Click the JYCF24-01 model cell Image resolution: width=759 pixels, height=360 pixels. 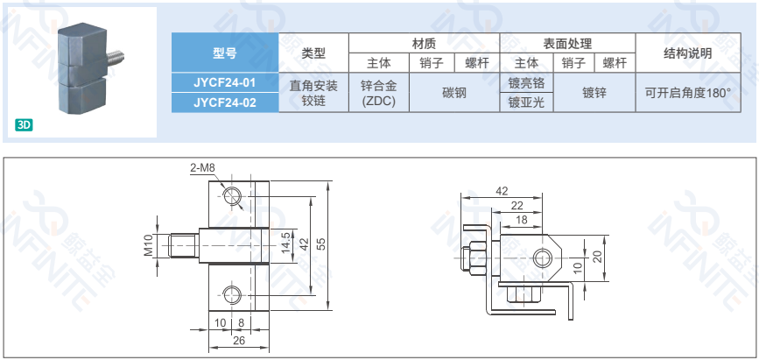point(225,82)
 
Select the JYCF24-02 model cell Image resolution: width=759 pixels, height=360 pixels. point(225,102)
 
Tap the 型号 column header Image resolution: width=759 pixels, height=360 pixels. point(225,53)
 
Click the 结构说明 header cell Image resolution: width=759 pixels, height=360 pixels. point(688,53)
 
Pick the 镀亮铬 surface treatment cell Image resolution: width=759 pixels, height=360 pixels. point(526,83)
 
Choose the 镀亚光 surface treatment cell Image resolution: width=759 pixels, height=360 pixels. point(526,102)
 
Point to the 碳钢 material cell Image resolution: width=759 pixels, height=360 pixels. point(454,93)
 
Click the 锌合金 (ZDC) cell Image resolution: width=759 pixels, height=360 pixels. point(379,93)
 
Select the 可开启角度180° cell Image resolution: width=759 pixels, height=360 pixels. point(688,93)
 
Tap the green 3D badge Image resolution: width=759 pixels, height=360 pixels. point(24,125)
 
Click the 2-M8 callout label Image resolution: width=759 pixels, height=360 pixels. point(202,167)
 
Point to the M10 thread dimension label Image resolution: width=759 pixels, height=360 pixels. point(148,244)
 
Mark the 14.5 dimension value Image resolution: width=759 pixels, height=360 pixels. point(285,243)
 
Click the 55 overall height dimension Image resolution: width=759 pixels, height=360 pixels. point(321,244)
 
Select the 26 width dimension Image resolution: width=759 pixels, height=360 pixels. point(239,340)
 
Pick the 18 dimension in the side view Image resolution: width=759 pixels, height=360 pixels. point(522,220)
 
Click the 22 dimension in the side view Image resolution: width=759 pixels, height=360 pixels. point(517,206)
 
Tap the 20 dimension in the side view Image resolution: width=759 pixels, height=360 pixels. point(599,256)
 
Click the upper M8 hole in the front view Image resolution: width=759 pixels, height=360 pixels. point(232,195)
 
